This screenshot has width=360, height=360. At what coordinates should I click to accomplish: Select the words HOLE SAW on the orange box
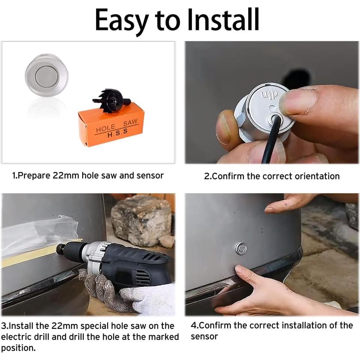(x=116, y=126)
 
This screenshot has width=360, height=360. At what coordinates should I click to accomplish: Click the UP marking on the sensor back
(x=270, y=94)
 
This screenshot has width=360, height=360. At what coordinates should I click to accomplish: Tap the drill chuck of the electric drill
(x=71, y=249)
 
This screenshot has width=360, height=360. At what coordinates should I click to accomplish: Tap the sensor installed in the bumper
(x=241, y=248)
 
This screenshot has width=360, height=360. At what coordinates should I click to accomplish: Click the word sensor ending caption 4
(x=204, y=337)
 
